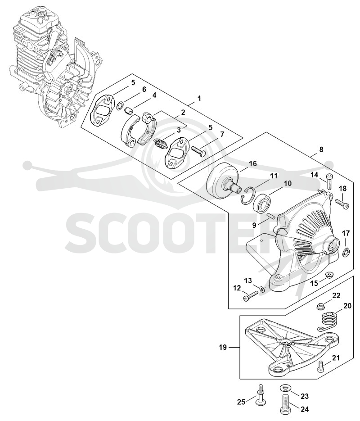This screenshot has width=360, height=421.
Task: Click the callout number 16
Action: (x=253, y=163)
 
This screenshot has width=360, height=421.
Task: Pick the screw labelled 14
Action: (x=329, y=182)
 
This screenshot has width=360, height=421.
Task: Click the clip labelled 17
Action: (x=346, y=252)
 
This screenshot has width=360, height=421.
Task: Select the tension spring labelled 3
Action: (x=160, y=145)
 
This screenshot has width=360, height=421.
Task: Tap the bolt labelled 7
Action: (x=198, y=150)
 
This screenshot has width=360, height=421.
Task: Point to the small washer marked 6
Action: (x=121, y=104)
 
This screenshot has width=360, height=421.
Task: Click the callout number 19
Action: (x=223, y=348)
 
